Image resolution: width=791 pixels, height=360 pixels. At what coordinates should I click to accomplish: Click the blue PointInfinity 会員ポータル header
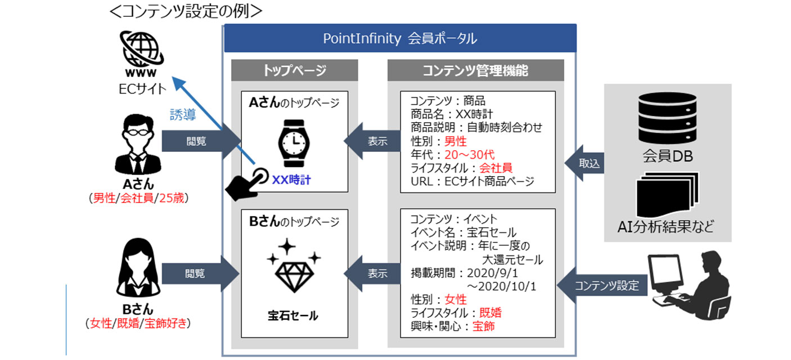coord(400,38)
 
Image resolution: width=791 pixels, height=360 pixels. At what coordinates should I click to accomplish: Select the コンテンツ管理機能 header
coord(475,70)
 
